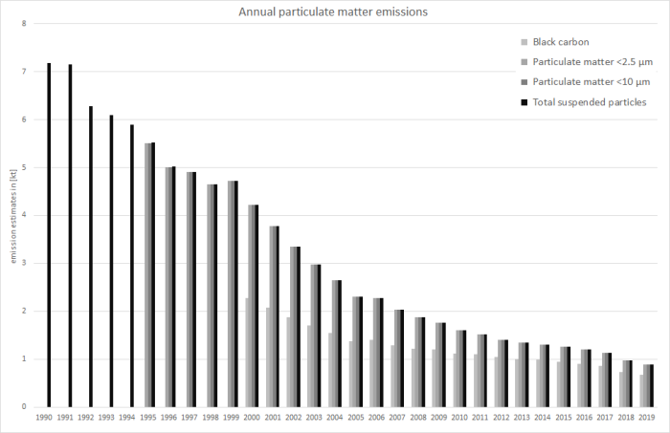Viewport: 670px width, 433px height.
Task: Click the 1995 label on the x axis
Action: (x=149, y=419)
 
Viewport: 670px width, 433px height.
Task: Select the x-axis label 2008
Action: (x=419, y=419)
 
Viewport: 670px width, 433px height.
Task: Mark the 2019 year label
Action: (x=648, y=419)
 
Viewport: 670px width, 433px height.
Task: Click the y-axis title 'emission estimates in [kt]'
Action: (x=11, y=215)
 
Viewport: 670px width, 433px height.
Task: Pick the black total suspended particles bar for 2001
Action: (x=277, y=316)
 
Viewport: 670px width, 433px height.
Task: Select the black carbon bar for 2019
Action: (x=642, y=391)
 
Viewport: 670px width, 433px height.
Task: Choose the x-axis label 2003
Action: (x=315, y=419)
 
